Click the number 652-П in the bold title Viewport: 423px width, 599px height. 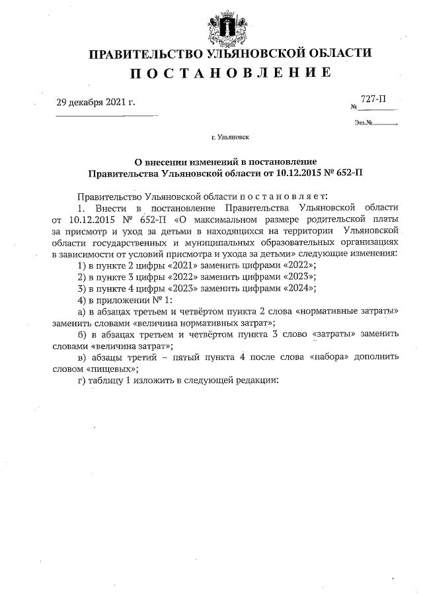(346, 173)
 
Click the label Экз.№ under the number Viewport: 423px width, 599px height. (364, 122)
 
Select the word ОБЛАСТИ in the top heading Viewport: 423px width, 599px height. (334, 52)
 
